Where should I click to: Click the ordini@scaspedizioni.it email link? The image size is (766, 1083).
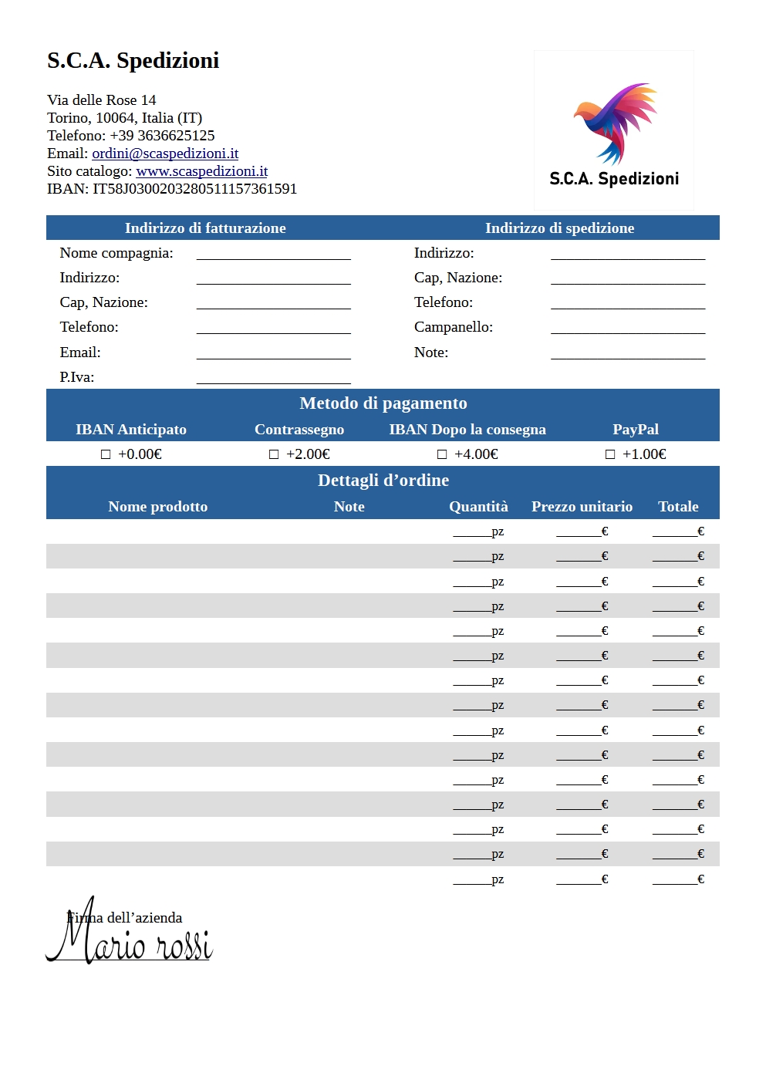click(x=165, y=154)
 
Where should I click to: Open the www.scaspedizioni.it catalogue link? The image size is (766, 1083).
click(x=201, y=171)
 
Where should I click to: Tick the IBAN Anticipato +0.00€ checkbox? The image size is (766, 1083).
click(x=106, y=454)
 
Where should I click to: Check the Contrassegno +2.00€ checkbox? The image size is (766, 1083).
click(x=274, y=454)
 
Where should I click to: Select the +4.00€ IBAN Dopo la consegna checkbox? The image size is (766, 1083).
click(x=442, y=454)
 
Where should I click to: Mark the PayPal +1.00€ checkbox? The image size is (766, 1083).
click(x=610, y=454)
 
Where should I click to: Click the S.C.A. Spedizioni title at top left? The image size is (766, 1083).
click(x=133, y=60)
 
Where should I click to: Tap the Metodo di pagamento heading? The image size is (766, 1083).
click(x=383, y=403)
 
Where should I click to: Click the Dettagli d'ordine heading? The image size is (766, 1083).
click(x=383, y=481)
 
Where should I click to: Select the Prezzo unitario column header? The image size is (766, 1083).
click(x=582, y=507)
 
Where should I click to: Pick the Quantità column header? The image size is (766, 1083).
click(x=478, y=507)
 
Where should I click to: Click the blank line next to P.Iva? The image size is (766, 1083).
click(x=273, y=378)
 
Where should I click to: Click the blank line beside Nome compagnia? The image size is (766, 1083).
click(x=273, y=254)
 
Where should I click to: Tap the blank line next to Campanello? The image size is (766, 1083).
click(x=628, y=328)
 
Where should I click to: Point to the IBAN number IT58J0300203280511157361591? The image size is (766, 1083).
click(x=194, y=189)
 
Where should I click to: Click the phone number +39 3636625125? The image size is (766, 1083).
click(x=162, y=136)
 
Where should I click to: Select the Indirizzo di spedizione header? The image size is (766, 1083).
click(x=559, y=228)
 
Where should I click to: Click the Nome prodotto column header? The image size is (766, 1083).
click(x=157, y=507)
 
